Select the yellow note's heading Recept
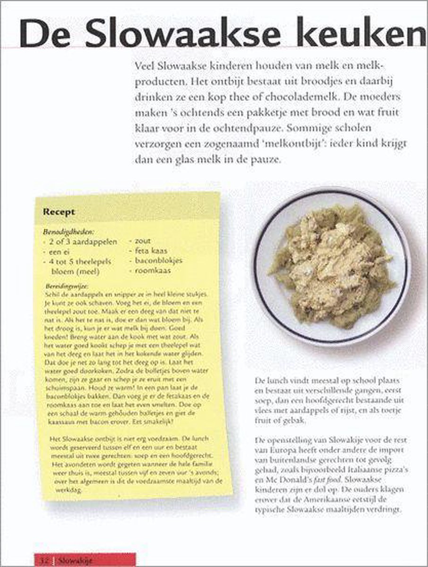point(59,212)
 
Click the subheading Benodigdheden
point(68,232)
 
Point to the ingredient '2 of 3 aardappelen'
point(82,242)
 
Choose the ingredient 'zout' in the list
point(142,241)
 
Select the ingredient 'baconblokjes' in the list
point(158,261)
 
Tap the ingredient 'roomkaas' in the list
point(153,271)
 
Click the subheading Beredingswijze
point(68,286)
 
